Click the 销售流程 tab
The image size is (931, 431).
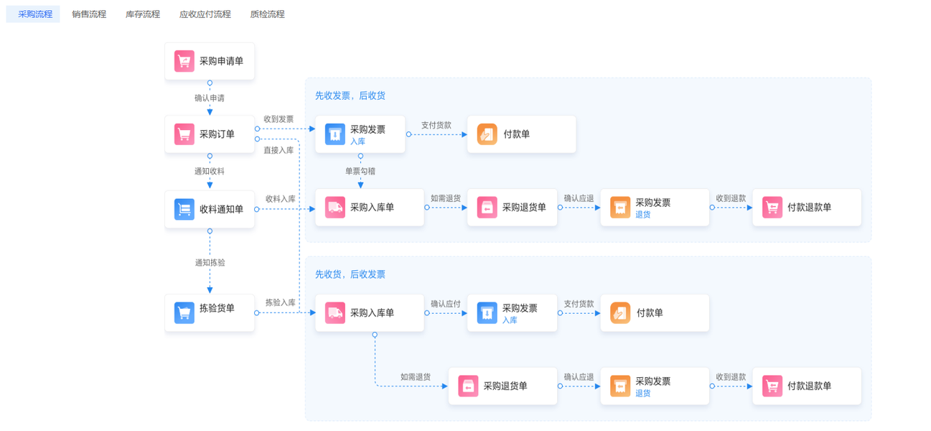[x=89, y=14]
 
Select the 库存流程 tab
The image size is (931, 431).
[x=143, y=14]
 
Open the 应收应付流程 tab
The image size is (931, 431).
[x=205, y=14]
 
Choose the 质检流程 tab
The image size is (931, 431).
[x=268, y=14]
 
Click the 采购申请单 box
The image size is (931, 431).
[x=210, y=61]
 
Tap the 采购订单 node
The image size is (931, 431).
[x=210, y=134]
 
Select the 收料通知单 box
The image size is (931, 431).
[x=210, y=210]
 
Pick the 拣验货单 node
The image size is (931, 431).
[x=210, y=312]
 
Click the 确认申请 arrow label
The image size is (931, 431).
[x=210, y=98]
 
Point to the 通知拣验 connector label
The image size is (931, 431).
[x=210, y=263]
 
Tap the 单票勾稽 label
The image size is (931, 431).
[x=360, y=171]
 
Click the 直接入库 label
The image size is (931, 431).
[x=279, y=150]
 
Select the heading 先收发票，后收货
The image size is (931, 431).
[x=350, y=96]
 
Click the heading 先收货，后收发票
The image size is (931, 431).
[x=350, y=274]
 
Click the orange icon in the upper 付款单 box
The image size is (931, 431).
[x=487, y=134]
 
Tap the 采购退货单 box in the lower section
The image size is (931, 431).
[x=502, y=386]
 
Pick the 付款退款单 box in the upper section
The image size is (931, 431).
[x=807, y=208]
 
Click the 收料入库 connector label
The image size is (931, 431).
[x=281, y=199]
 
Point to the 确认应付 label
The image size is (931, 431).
[x=446, y=304]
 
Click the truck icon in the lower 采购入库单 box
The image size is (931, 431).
[x=335, y=313]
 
